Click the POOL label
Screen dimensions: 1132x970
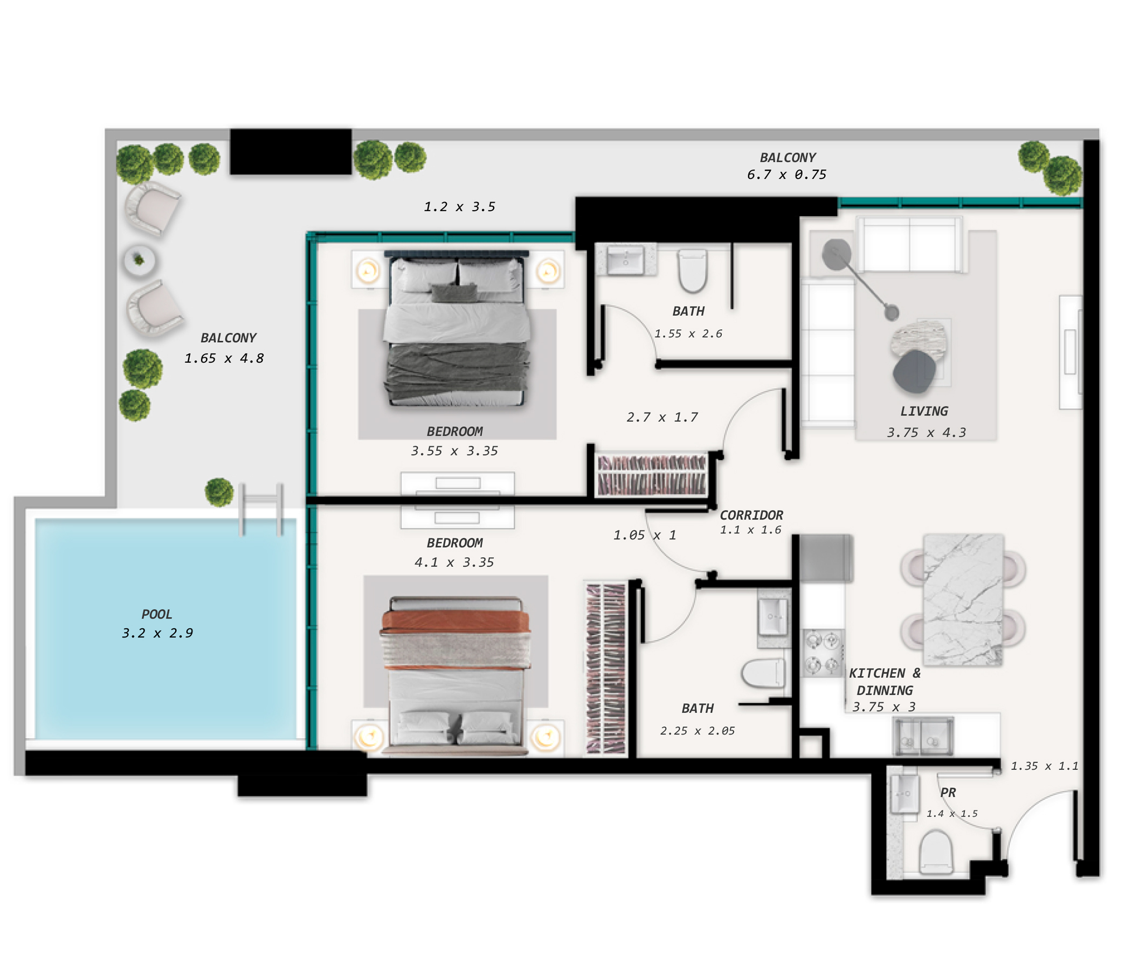[x=157, y=614]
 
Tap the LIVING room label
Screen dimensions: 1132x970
[x=924, y=411]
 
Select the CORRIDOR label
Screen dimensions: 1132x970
[x=751, y=515]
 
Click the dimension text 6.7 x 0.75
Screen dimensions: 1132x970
[x=786, y=175]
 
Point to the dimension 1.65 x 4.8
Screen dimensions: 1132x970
[x=224, y=358]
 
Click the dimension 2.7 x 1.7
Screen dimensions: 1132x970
[x=662, y=417]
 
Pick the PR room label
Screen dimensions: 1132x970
[x=948, y=793]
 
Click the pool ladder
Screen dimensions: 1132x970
[x=261, y=509]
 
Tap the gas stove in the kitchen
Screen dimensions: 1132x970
[x=823, y=653]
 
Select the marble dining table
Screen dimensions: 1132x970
[x=963, y=600]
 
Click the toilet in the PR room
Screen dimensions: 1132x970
[x=936, y=852]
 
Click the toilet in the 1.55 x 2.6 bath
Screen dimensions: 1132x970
[x=692, y=271]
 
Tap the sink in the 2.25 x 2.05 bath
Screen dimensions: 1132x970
[x=773, y=617]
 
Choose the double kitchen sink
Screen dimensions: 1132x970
[x=923, y=736]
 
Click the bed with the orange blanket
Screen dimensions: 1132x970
[x=455, y=675]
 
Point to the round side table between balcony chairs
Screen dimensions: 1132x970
[x=139, y=260]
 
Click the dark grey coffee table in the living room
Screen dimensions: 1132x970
[x=914, y=371]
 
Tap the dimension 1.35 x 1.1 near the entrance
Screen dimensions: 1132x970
[x=1044, y=766]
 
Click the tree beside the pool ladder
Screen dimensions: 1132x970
[x=219, y=491]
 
